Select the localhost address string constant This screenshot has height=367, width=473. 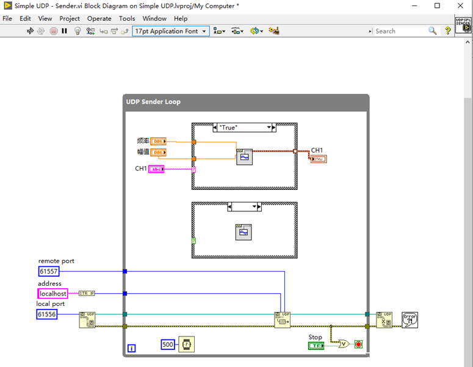(52, 294)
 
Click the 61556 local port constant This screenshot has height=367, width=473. (47, 314)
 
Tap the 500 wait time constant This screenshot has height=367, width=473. (168, 344)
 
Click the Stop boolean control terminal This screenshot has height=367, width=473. (316, 346)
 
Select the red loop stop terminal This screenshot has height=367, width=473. (358, 344)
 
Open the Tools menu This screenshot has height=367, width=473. (127, 18)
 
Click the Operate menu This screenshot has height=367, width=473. (99, 18)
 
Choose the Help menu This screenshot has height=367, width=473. (181, 18)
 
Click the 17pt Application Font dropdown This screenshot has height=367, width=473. (171, 31)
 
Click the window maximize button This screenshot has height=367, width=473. (437, 5)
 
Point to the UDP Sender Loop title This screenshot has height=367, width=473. (153, 101)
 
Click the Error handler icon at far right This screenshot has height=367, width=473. (410, 320)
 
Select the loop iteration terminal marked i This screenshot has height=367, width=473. (132, 349)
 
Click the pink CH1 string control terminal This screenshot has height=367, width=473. (156, 169)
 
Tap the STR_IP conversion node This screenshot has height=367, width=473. (87, 294)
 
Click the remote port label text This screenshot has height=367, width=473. (56, 261)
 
